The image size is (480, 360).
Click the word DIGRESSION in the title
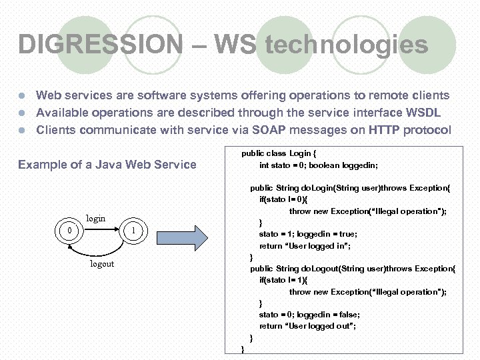pos(100,45)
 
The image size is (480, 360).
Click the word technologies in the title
pos(346,45)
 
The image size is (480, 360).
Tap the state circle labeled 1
pos(134,231)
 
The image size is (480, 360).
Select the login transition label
pos(96,218)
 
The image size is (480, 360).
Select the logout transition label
pos(102,264)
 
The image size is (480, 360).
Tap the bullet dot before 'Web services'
pos(22,96)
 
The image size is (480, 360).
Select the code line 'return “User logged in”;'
pos(305,246)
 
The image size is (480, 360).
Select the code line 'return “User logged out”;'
pos(307,326)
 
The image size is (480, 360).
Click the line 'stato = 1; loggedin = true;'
pos(308,234)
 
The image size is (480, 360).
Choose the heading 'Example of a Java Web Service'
pos(107,165)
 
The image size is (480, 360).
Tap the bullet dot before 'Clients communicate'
pos(22,131)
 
